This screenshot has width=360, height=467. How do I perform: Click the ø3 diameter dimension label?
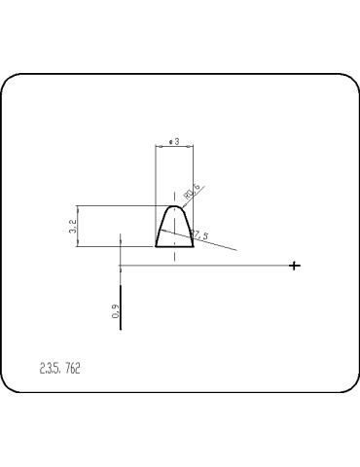(x=173, y=141)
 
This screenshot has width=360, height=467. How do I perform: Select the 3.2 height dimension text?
(x=74, y=226)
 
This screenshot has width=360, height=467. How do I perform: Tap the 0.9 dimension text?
(x=115, y=312)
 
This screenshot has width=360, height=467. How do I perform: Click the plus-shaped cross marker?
(x=295, y=266)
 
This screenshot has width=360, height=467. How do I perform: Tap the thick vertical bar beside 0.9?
(x=121, y=308)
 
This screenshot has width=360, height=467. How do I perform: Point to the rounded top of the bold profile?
(x=175, y=206)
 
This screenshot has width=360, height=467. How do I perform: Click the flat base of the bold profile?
(x=175, y=246)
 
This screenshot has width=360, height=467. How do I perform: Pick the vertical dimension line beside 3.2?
(x=82, y=226)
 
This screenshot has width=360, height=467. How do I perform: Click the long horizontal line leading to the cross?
(x=214, y=266)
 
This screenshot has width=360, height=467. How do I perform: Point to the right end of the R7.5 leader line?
(x=236, y=250)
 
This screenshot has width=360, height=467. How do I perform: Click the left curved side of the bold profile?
(x=162, y=228)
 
